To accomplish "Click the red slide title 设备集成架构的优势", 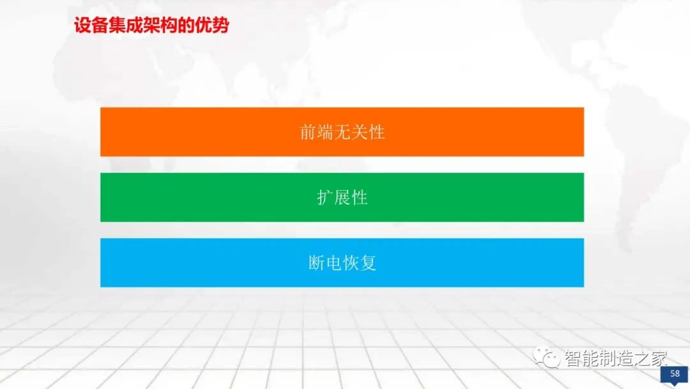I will [151, 26].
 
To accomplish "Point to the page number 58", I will [674, 374].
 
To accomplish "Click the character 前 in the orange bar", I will [308, 132].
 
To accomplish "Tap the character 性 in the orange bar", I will [377, 132].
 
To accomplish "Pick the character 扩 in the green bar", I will [325, 197].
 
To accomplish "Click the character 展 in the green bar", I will [342, 197].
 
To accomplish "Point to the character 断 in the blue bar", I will [317, 263].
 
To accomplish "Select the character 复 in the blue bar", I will [368, 263].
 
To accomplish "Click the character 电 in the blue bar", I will [333, 263].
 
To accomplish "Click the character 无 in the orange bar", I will [342, 132].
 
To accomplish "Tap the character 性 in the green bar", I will [360, 197].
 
